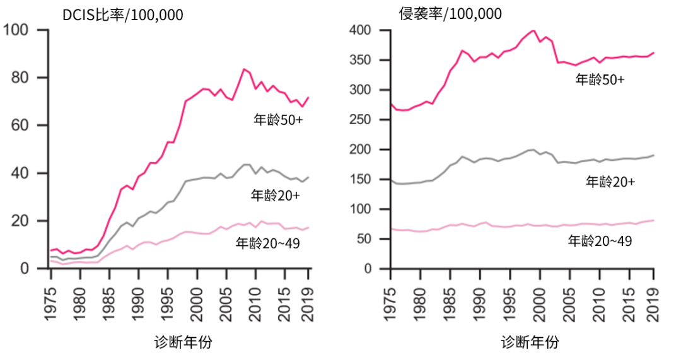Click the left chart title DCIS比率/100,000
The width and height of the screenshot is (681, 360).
click(122, 15)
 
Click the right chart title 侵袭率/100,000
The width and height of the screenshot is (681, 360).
click(451, 14)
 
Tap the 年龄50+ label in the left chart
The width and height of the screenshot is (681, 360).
click(277, 119)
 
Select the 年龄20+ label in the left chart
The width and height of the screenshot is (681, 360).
click(275, 195)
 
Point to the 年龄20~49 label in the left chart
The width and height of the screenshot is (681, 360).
click(267, 241)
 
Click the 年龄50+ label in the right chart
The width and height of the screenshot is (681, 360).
click(600, 79)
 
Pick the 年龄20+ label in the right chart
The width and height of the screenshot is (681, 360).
click(610, 182)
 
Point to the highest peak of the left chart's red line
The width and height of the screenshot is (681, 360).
click(243, 69)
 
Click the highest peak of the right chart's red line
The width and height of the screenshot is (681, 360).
click(533, 30)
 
